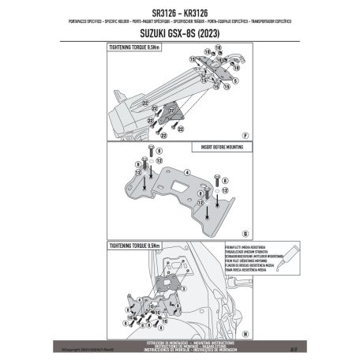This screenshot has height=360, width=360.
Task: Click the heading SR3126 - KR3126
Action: point(179,12)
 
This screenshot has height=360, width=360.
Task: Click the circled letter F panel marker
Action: point(247,136)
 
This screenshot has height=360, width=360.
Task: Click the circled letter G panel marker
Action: point(247,234)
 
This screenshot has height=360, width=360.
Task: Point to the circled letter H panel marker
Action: point(247,333)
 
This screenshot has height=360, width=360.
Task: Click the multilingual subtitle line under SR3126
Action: point(179,21)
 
